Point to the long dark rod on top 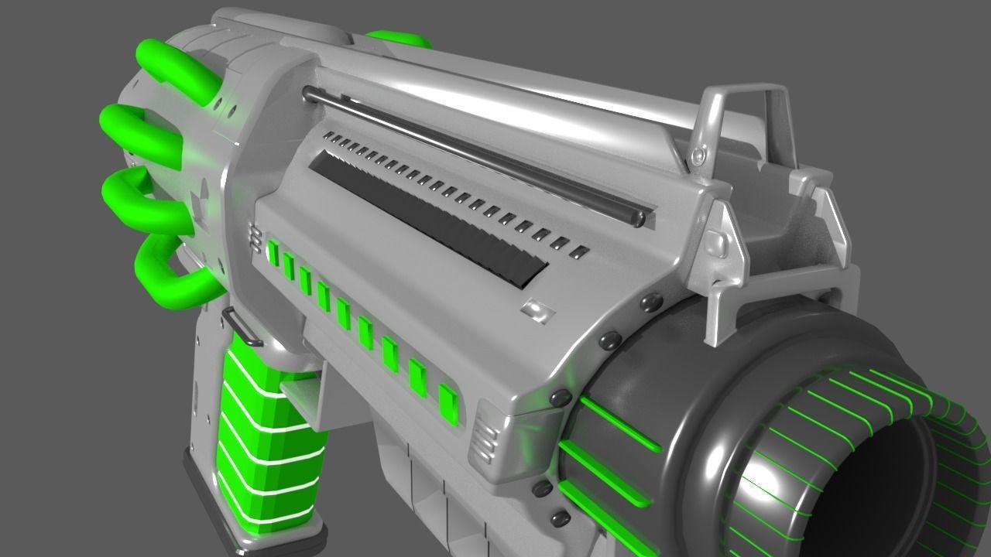(472, 155)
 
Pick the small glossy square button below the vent (537, 310)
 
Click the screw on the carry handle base (700, 156)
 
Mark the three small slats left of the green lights (254, 239)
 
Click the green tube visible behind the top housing (399, 39)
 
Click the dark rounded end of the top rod (638, 219)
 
